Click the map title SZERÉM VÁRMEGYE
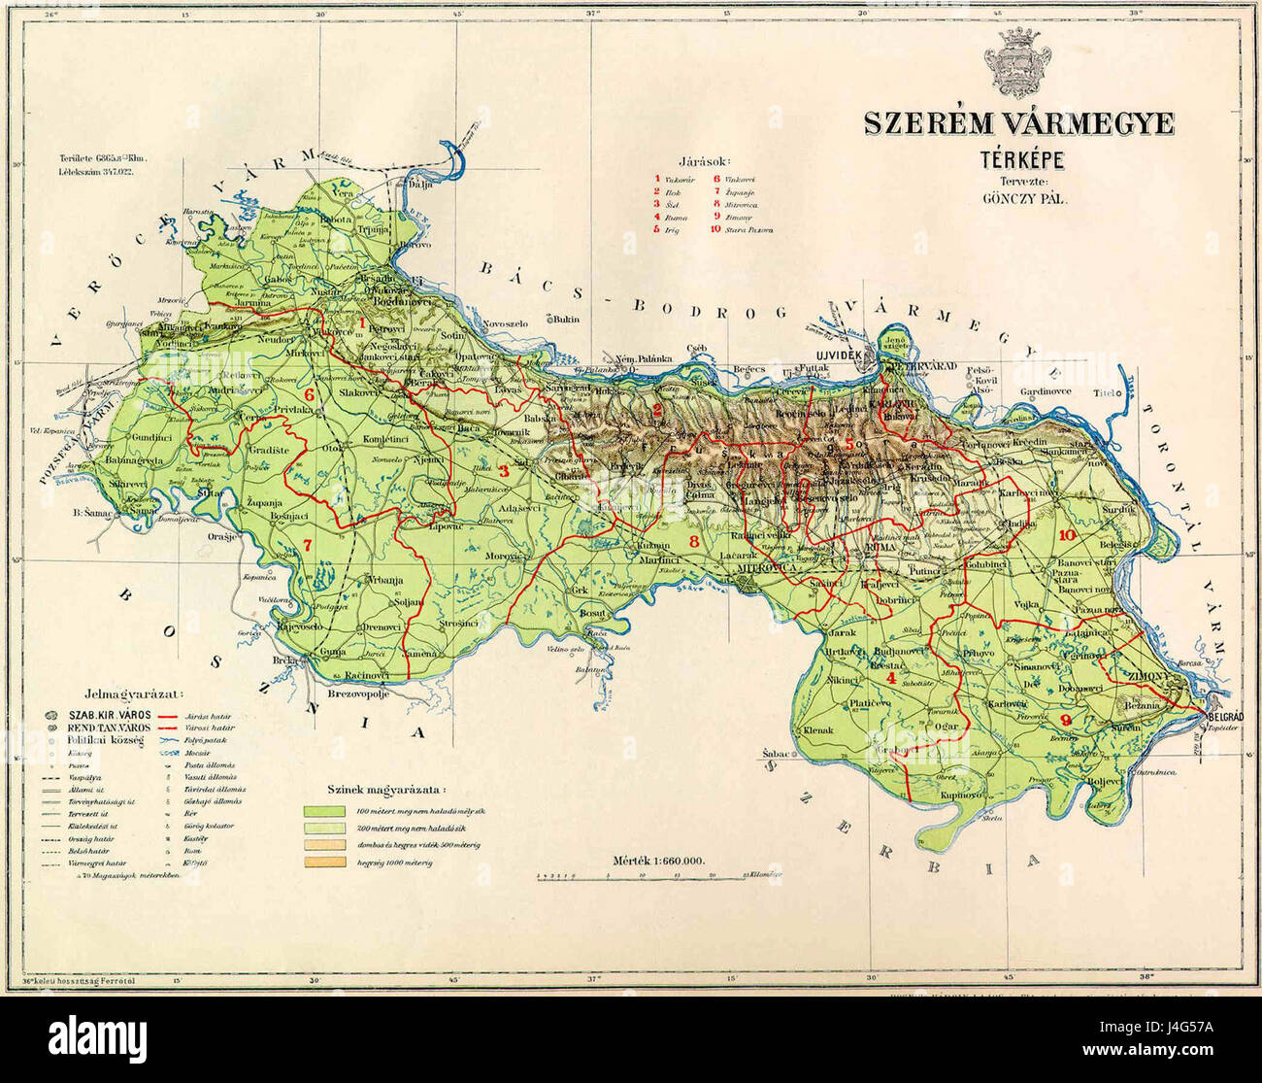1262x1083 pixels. (x=1019, y=123)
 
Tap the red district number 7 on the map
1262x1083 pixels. (x=308, y=544)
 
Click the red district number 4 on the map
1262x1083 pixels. (x=891, y=677)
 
